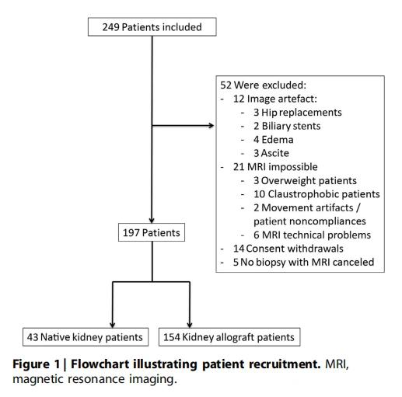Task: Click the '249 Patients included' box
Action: [152, 27]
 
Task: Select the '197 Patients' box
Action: [152, 232]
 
